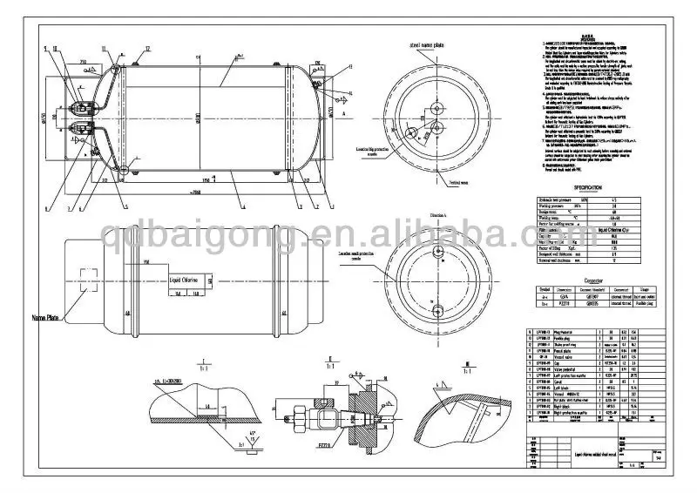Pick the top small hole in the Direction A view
[435, 250]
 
